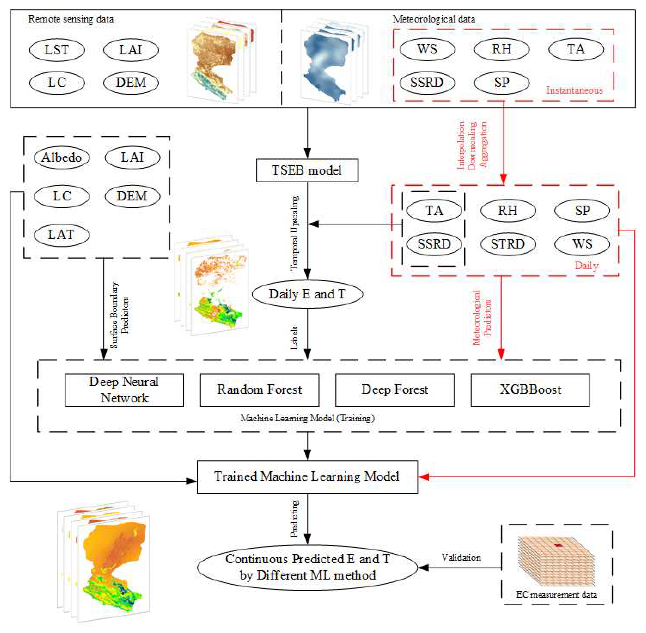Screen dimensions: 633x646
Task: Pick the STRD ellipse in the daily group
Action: pyautogui.click(x=508, y=244)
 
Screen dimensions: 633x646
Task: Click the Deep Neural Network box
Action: pyautogui.click(x=124, y=390)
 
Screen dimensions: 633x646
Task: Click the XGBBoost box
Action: pyautogui.click(x=530, y=390)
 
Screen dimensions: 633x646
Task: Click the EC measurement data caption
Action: pyautogui.click(x=556, y=594)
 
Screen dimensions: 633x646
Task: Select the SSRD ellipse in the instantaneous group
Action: pyautogui.click(x=427, y=82)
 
